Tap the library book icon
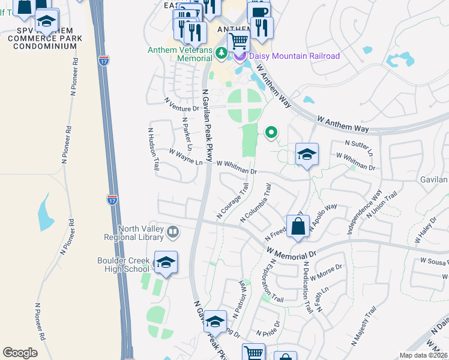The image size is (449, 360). [x=173, y=232]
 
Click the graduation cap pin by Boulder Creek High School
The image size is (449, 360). [x=166, y=263]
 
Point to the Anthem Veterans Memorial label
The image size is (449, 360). [x=180, y=50]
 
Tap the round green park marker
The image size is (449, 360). [x=271, y=132]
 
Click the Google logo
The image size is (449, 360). [x=20, y=353]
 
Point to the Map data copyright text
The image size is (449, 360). [x=424, y=355]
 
